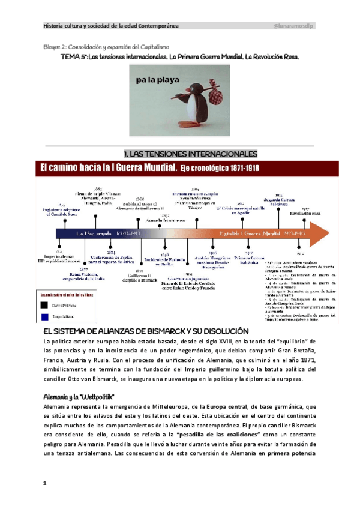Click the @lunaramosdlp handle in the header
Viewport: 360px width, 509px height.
click(293, 26)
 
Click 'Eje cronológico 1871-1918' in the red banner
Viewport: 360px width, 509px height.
click(220, 167)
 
